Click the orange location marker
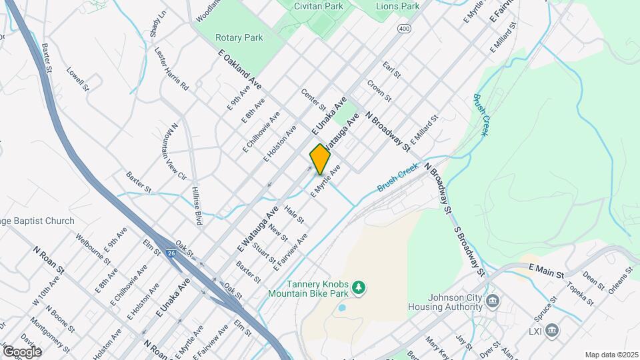click(320, 159)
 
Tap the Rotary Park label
click(239, 38)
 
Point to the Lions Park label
click(398, 6)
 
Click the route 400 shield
click(404, 29)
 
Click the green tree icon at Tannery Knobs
click(359, 287)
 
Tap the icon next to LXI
click(551, 330)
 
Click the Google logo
click(21, 351)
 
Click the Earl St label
click(391, 70)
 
